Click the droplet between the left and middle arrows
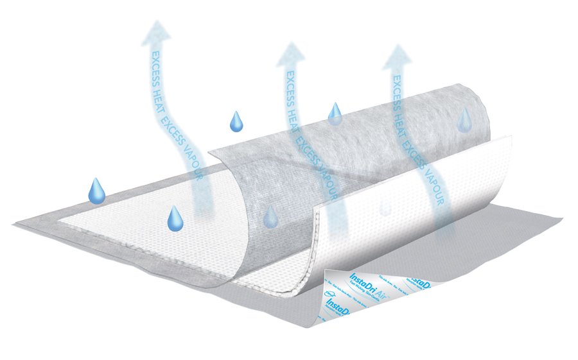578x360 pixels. tap(237, 120)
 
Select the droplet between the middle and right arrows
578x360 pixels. tap(335, 113)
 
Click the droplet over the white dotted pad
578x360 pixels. tap(175, 219)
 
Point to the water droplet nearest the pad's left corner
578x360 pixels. tap(96, 191)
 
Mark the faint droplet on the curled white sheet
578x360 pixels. tap(385, 207)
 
